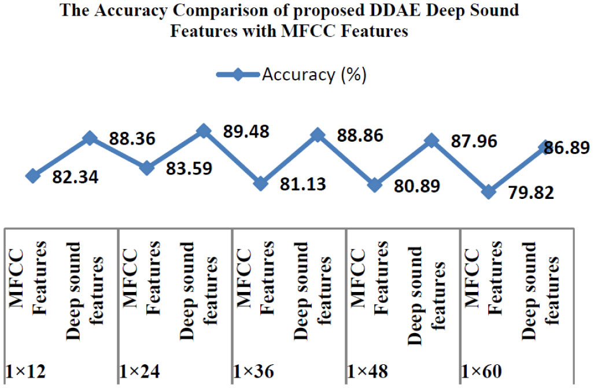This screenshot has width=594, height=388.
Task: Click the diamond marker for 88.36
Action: pyautogui.click(x=90, y=138)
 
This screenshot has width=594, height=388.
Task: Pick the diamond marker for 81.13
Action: pyautogui.click(x=261, y=183)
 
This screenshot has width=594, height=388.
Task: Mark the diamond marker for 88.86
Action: pyautogui.click(x=318, y=135)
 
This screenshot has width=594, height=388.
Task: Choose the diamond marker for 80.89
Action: pyautogui.click(x=375, y=186)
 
